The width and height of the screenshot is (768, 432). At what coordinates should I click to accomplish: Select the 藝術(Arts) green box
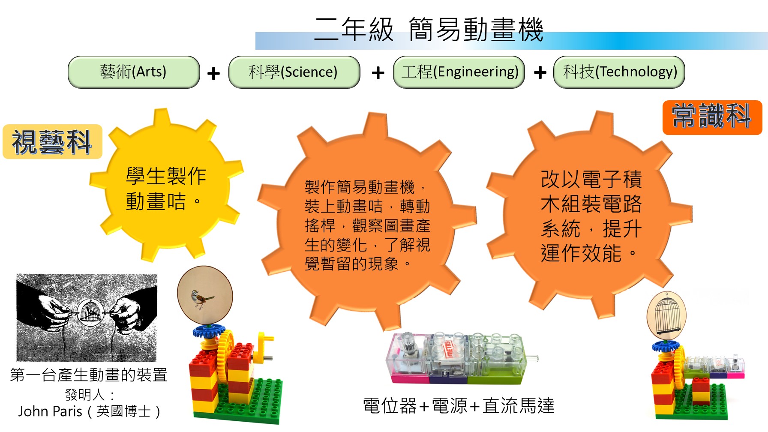coord(134,72)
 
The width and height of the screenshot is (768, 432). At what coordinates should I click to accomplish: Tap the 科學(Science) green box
coord(294,72)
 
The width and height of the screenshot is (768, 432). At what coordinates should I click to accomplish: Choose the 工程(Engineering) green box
coord(459,72)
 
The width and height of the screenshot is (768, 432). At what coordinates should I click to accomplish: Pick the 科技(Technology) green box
coord(619,72)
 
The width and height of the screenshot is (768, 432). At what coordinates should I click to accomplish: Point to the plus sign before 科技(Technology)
coord(540,73)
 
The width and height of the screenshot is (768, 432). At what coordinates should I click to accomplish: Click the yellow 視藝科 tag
coord(52,142)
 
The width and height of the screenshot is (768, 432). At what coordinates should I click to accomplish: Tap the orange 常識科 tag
coord(712,117)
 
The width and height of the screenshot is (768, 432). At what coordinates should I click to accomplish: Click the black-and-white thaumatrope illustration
coord(87,318)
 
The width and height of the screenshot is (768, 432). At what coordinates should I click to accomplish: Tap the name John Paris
coord(50,411)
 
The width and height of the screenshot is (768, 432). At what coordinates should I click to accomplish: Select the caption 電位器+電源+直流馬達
coord(459,405)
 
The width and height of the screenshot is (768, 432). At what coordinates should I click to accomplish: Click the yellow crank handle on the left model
coord(265,347)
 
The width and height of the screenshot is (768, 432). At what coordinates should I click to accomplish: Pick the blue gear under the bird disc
coord(209,331)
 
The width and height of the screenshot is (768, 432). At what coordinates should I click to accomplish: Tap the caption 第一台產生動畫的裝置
coord(89,375)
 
